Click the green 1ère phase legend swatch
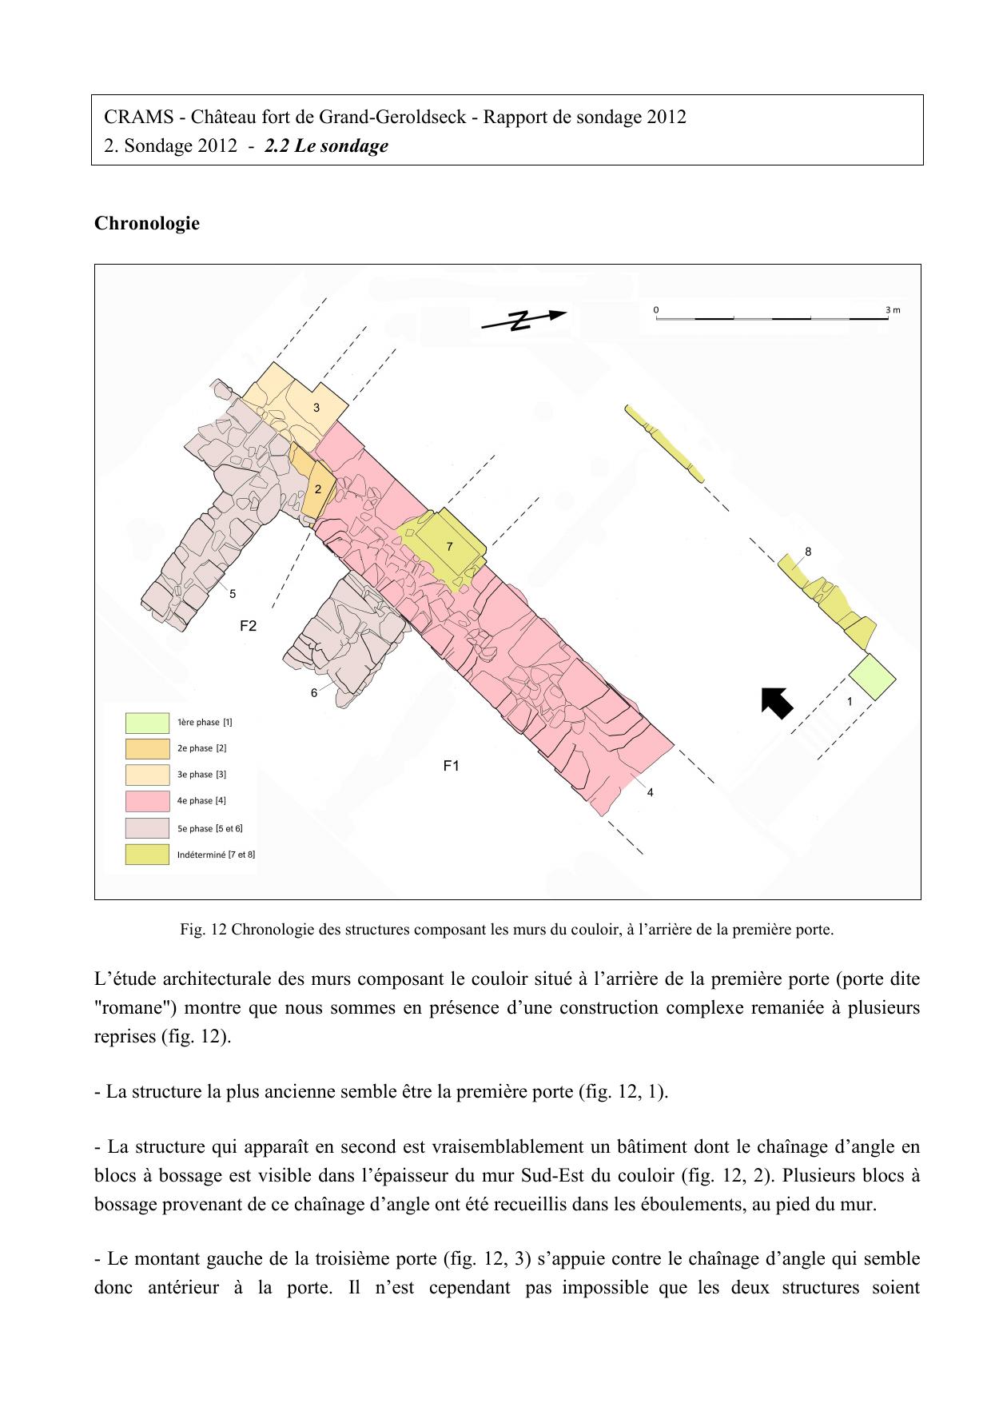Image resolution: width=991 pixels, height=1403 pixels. pyautogui.click(x=147, y=723)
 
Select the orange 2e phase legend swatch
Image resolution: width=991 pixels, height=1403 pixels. pyautogui.click(x=147, y=749)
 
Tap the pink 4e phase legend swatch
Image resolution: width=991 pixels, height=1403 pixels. pyautogui.click(x=147, y=801)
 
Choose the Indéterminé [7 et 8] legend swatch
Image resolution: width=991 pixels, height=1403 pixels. pyautogui.click(x=147, y=855)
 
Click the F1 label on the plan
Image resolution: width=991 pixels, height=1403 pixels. pyautogui.click(x=452, y=766)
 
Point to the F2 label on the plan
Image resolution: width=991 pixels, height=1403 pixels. pyautogui.click(x=249, y=626)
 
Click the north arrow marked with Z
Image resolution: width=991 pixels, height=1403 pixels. pyautogui.click(x=523, y=320)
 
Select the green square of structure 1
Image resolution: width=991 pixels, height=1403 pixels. pyautogui.click(x=872, y=676)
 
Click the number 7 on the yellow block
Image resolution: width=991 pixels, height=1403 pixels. pyautogui.click(x=450, y=547)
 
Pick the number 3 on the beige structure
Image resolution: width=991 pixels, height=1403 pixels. pyautogui.click(x=316, y=408)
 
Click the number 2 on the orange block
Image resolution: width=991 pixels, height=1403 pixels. pyautogui.click(x=318, y=489)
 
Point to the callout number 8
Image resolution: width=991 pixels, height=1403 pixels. pyautogui.click(x=808, y=552)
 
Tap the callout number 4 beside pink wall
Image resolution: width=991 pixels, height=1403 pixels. pyautogui.click(x=651, y=792)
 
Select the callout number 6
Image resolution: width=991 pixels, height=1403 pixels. pyautogui.click(x=314, y=692)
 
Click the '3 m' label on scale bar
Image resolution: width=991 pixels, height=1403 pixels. pyautogui.click(x=893, y=309)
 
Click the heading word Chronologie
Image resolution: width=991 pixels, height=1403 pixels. pyautogui.click(x=147, y=224)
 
